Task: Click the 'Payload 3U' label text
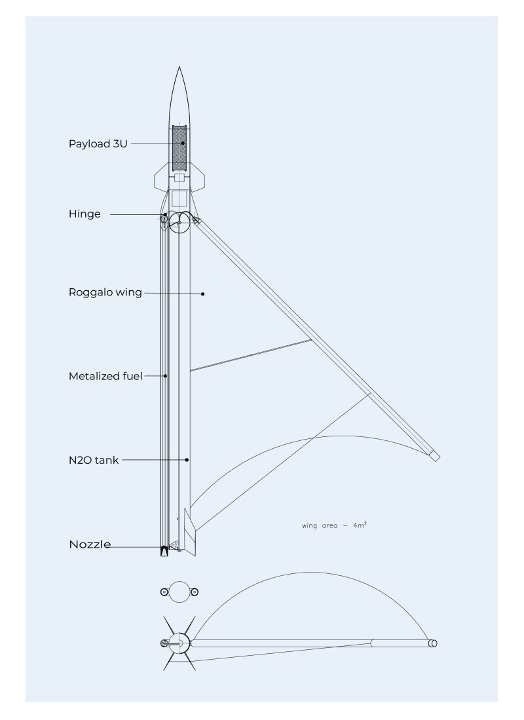pyautogui.click(x=97, y=143)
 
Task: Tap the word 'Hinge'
pyautogui.click(x=84, y=214)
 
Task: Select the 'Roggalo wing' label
pyautogui.click(x=105, y=292)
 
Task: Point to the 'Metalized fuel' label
pyautogui.click(x=105, y=376)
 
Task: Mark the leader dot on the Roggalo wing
pyautogui.click(x=204, y=293)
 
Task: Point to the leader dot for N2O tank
pyautogui.click(x=187, y=460)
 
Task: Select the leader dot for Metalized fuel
pyautogui.click(x=166, y=376)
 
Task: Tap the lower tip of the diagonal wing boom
pyautogui.click(x=435, y=456)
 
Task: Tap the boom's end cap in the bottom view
pyautogui.click(x=432, y=643)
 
